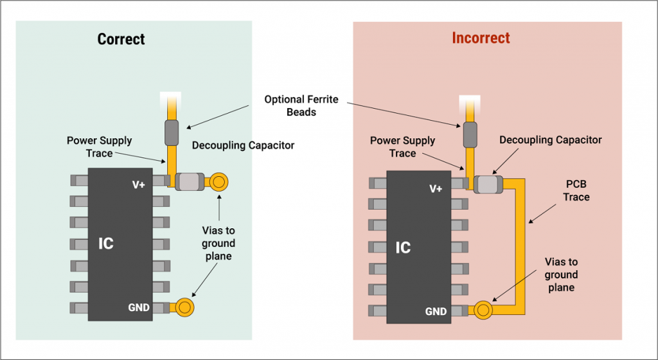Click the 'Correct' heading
tap(121, 39)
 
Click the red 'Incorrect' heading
tap(481, 38)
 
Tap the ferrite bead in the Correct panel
tap(172, 132)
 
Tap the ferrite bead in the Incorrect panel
tap(470, 133)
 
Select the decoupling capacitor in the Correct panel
tap(190, 183)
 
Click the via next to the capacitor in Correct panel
tap(219, 183)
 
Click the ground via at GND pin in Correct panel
tap(185, 307)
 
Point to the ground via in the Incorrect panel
tap(483, 310)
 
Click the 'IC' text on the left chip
tap(106, 244)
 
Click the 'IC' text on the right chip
tap(403, 248)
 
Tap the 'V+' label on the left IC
tap(139, 185)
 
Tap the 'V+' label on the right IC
tap(436, 189)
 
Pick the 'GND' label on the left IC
tap(138, 308)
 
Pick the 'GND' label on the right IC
tap(436, 312)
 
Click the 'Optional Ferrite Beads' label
tap(301, 106)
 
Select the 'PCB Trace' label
tap(576, 191)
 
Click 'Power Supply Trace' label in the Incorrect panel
tap(402, 147)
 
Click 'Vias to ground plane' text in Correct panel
tap(218, 244)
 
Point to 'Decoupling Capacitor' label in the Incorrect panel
tap(550, 139)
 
